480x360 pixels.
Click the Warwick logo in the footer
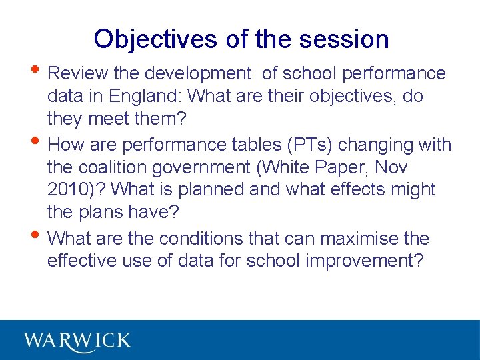[x=77, y=340]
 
